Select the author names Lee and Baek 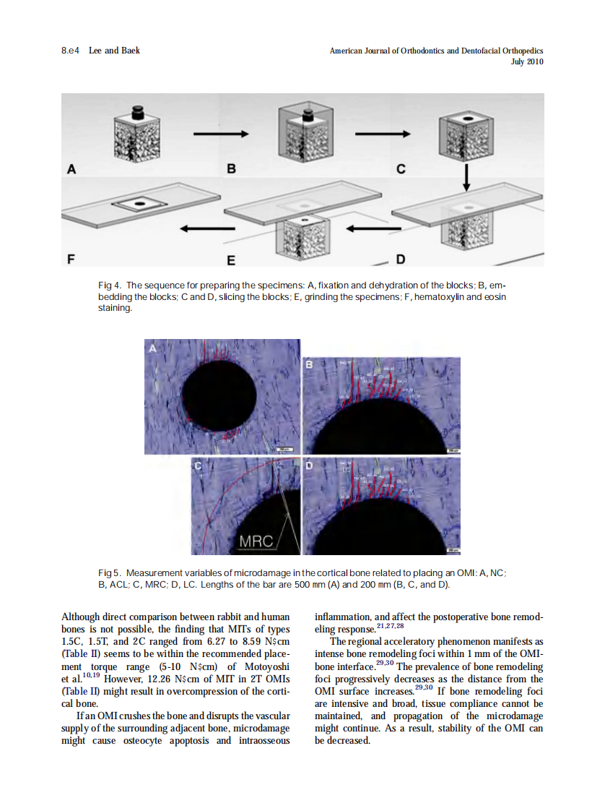[114, 51]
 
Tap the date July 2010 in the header [527, 61]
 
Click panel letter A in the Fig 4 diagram [71, 170]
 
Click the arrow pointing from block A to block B [220, 133]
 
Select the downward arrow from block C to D [466, 178]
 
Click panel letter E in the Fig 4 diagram [231, 258]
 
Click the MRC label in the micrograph [256, 541]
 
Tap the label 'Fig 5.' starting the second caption [109, 573]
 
